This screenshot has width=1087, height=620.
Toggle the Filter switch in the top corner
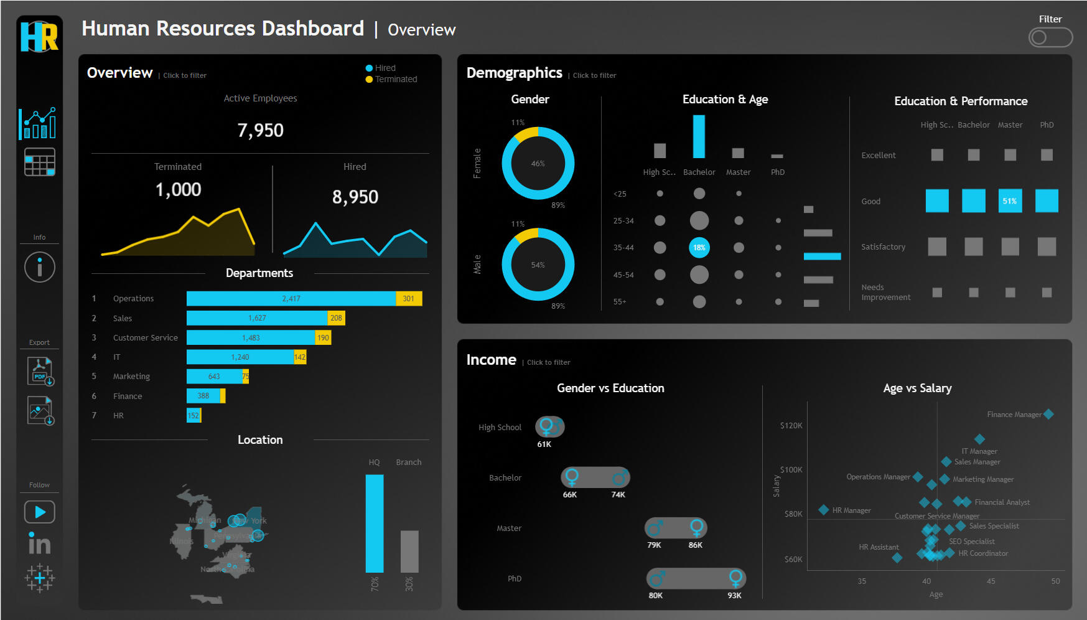click(1050, 37)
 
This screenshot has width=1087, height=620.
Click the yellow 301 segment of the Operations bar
click(409, 299)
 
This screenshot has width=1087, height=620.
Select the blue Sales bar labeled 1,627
click(256, 318)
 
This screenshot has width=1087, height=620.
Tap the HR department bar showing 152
click(194, 415)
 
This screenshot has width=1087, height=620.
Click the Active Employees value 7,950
click(260, 131)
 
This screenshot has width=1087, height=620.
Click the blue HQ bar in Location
click(374, 523)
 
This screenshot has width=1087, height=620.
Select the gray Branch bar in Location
click(409, 551)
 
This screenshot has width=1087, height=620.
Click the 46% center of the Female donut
click(538, 164)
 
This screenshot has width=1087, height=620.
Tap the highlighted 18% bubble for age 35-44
click(699, 248)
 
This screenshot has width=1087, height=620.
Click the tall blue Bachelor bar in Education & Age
click(699, 136)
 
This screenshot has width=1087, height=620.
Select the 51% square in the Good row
click(1009, 201)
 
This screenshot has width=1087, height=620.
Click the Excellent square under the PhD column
click(1047, 155)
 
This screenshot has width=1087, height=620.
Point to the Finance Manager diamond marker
click(1048, 414)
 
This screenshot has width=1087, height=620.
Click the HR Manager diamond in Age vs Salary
click(823, 510)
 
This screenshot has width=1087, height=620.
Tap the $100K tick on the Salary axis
click(791, 470)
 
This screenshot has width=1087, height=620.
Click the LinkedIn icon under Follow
click(39, 543)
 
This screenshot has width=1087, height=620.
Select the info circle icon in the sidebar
click(40, 267)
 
